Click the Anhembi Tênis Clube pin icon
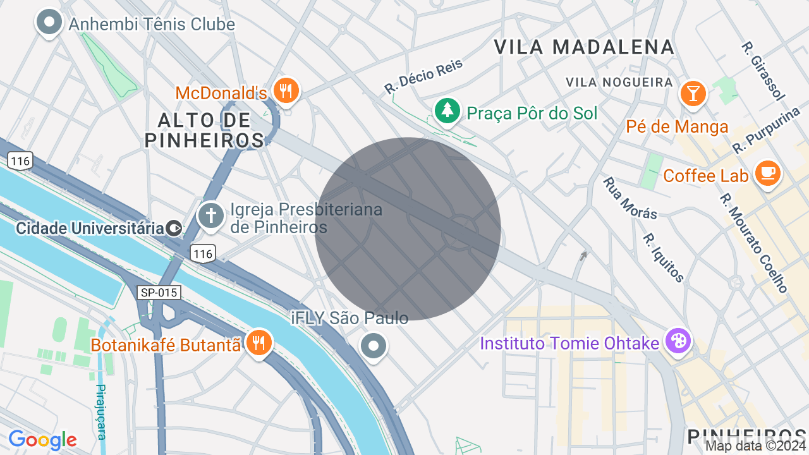tap(49, 23)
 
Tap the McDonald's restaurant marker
tap(286, 90)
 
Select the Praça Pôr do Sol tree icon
tap(447, 111)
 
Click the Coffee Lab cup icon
tap(768, 173)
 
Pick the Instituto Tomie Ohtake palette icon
tap(678, 341)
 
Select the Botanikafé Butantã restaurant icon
tap(258, 343)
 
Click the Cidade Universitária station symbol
tap(174, 228)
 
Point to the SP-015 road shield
tap(159, 293)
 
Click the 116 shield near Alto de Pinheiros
tap(20, 161)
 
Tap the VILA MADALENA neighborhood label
tap(584, 47)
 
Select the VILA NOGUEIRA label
tap(619, 82)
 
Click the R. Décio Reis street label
tap(423, 77)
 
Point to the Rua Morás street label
tap(630, 198)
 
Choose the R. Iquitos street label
tap(663, 258)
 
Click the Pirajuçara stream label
tap(100, 411)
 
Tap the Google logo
tap(42, 440)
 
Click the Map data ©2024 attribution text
tap(755, 446)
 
